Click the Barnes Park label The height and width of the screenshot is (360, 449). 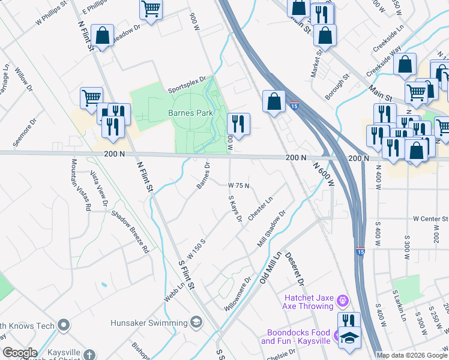pos(191,113)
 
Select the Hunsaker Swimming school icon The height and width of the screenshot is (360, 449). pos(196,323)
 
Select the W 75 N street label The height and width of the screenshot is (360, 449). pos(238,186)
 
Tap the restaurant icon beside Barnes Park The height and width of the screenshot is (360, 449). pos(238,124)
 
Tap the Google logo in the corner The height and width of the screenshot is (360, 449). pos(20,353)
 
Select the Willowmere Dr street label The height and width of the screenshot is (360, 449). pos(238,293)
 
